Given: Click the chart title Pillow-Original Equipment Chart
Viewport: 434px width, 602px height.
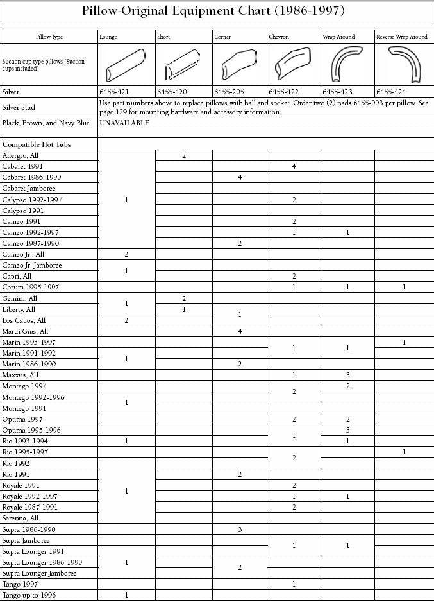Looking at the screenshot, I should (x=217, y=11).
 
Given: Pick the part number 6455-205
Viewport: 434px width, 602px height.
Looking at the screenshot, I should (x=228, y=92).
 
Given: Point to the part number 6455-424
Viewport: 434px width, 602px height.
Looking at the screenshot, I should (x=391, y=92).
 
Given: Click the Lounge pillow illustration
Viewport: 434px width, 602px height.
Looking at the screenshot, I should (x=126, y=64).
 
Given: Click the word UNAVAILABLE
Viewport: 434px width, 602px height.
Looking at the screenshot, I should (x=124, y=123).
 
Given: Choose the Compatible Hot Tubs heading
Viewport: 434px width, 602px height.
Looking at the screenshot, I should (x=37, y=144).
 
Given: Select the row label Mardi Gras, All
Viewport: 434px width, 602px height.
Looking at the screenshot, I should (x=25, y=331).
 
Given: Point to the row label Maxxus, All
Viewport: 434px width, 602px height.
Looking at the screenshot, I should (x=21, y=375).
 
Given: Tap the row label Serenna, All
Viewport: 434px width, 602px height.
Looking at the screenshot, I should (x=21, y=518).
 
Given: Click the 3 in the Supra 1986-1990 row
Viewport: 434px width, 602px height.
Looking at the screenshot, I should (x=239, y=529).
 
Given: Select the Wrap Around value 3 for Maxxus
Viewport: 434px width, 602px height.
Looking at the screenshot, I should (x=347, y=375).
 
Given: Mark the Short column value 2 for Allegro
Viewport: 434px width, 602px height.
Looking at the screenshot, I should (x=184, y=155).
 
